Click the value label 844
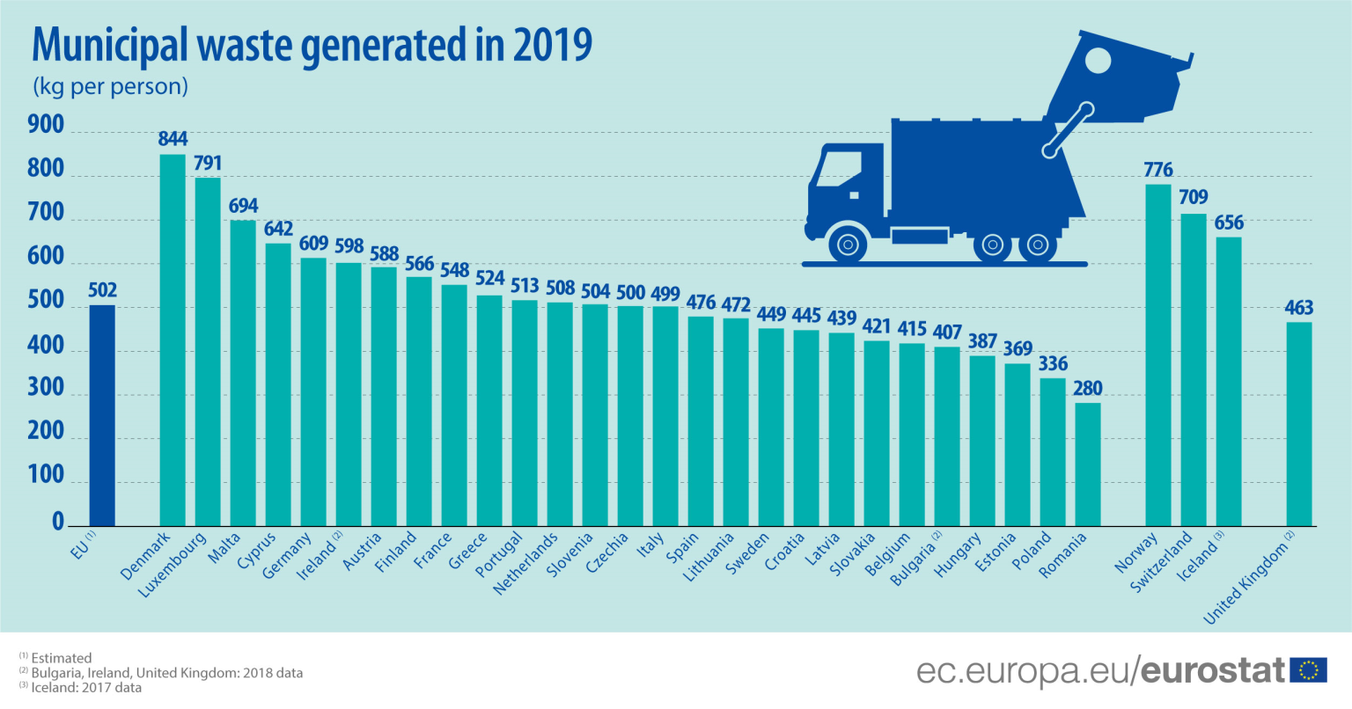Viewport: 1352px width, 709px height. pos(173,139)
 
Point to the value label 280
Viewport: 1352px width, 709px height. pos(1088,389)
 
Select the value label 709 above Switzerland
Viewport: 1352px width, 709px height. pos(1194,197)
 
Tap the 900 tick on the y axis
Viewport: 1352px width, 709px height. pos(46,126)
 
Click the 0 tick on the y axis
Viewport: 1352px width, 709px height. pos(58,522)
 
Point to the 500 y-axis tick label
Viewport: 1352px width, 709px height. pos(46,301)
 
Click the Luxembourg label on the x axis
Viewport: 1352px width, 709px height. pos(173,565)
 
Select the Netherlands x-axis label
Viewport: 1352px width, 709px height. pos(526,563)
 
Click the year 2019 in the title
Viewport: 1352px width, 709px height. pos(553,46)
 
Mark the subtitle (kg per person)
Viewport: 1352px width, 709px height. pos(110,87)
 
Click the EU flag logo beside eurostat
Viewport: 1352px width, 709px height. pos(1308,670)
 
